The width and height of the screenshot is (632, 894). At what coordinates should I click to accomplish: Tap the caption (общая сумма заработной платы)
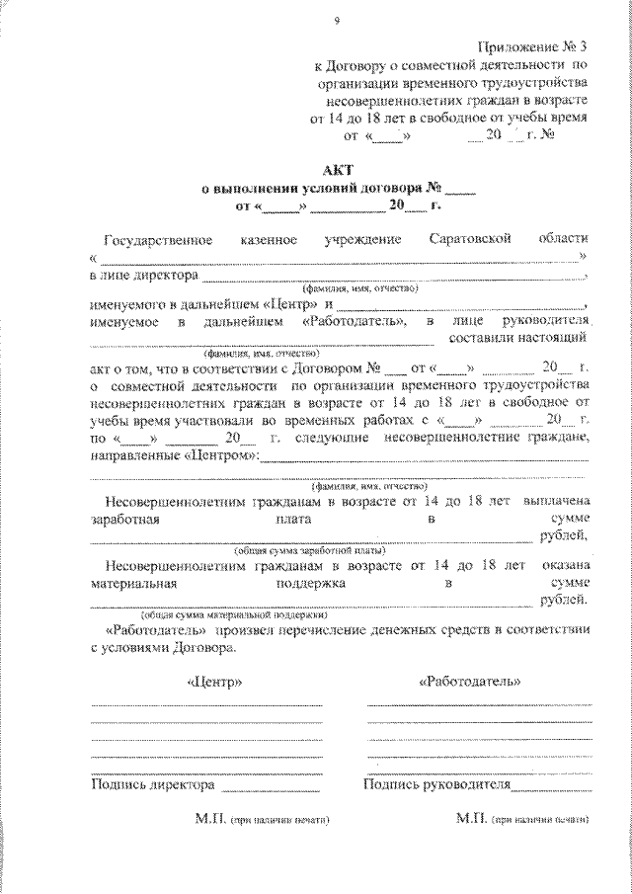point(309,549)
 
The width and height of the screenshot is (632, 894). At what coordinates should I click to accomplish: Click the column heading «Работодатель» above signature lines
point(470,682)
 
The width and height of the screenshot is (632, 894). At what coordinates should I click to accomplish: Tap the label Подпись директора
point(152,786)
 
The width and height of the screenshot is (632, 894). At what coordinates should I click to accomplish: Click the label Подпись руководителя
point(436,786)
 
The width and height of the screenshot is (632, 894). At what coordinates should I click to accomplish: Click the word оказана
point(565,566)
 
